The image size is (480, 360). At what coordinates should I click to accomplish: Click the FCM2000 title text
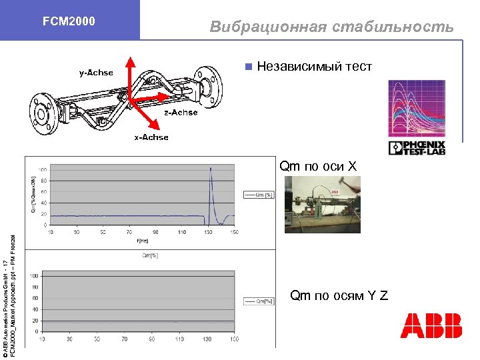point(69,21)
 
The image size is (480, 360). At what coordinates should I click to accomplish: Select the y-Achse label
point(96,72)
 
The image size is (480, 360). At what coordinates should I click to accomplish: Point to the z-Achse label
point(181,113)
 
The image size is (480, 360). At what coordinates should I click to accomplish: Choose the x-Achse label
point(151,137)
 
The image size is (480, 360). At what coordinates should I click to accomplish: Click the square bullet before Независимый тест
point(248,67)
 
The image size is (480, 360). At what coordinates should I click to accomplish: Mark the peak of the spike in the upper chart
point(211,169)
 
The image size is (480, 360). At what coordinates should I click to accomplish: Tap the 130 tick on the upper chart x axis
point(208,232)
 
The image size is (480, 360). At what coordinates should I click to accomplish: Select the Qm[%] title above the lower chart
point(151,255)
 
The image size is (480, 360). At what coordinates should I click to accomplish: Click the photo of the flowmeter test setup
point(322,203)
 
